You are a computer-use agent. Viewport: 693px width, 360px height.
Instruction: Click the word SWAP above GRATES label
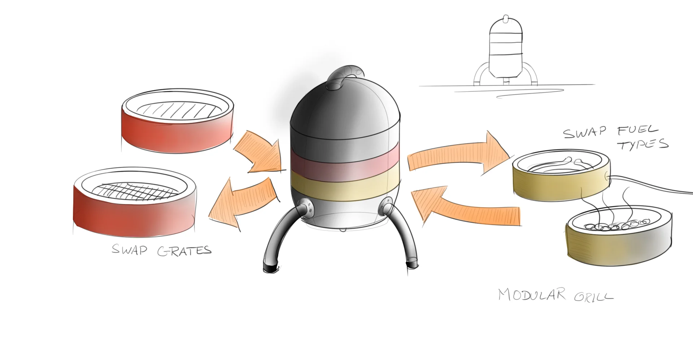coord(129,250)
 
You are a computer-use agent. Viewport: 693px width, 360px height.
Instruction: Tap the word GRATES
coord(184,251)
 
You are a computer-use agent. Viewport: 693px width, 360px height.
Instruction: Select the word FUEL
coord(638,130)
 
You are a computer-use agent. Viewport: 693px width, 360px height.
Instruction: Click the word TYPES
coord(643,144)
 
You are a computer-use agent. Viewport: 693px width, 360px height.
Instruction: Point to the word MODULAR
coord(532,295)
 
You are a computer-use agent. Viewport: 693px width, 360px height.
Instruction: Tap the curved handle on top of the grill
coord(345,77)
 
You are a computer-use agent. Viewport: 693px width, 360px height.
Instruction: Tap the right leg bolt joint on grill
coord(388,207)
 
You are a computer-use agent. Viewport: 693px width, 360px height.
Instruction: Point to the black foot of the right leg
coord(412,264)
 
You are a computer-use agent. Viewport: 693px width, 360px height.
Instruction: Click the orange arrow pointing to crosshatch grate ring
coord(244,202)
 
